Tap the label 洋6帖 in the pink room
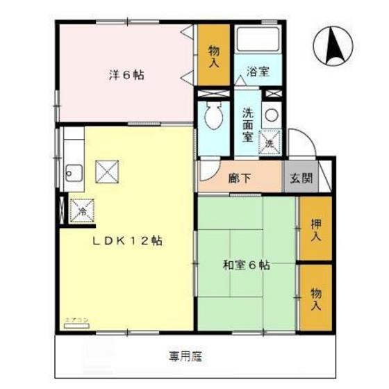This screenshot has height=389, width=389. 126,74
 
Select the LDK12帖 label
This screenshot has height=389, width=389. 129,241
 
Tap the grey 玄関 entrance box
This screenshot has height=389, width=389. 301,177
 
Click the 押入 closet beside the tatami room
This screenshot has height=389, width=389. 315,229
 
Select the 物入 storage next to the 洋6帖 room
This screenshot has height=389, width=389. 213,56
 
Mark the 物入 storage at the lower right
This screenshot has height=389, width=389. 315,297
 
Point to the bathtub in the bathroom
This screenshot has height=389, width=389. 256,40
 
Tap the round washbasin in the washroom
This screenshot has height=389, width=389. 270,115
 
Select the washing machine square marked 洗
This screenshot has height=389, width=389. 270,142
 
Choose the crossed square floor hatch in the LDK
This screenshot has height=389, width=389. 107,170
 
